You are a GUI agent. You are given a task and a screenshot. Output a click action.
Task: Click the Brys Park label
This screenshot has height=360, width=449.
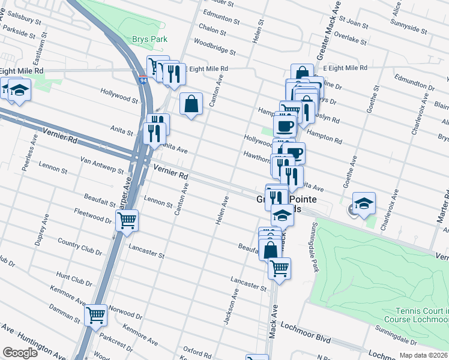tap(147, 40)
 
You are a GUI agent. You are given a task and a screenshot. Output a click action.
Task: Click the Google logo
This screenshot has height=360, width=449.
tap(20, 353)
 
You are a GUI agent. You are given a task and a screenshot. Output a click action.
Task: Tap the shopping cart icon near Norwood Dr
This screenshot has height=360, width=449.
tap(96, 314)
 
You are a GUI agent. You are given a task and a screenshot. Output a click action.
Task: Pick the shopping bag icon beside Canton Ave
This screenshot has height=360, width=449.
tap(191, 104)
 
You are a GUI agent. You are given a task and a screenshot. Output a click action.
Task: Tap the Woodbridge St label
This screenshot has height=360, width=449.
tap(214, 48)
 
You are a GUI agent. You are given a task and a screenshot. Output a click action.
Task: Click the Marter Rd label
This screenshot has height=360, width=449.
tap(444, 204)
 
